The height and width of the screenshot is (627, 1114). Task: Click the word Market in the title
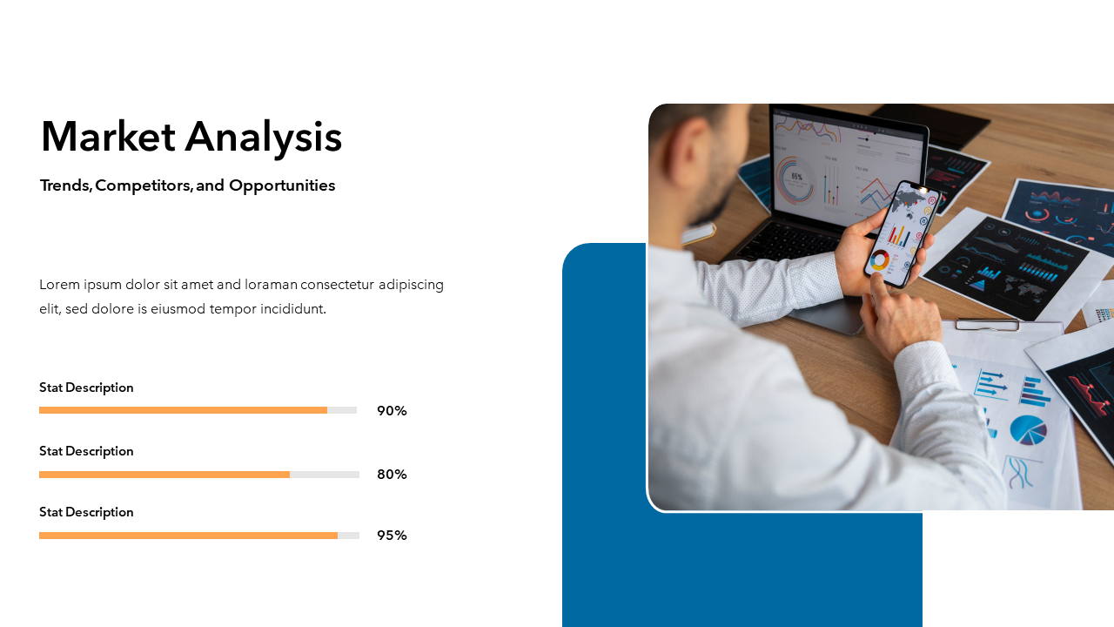point(108,137)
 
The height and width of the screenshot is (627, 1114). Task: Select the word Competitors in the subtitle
point(144,185)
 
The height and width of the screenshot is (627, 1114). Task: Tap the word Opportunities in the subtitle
point(282,185)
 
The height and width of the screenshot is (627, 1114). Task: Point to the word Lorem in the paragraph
point(60,285)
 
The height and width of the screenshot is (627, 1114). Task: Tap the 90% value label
point(392,411)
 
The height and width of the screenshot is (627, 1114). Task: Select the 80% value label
point(392,475)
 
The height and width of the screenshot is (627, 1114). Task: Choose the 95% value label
point(392,536)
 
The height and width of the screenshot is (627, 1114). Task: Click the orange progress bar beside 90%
point(183,410)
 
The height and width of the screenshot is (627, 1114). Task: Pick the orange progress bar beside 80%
point(164,475)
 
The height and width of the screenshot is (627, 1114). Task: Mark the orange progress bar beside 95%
point(189,536)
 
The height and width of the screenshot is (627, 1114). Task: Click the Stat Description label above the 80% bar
point(86,451)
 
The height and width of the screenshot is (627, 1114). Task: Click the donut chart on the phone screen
point(879,260)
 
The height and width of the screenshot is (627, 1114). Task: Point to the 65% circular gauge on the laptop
point(795,179)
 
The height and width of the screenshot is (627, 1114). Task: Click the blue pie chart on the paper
point(1029,430)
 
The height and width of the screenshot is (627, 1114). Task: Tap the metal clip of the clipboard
point(987,325)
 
